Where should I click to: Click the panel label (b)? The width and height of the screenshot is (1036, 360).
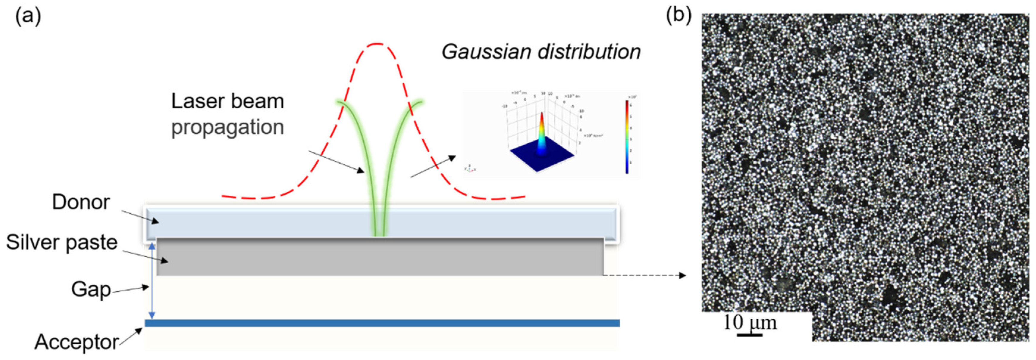coord(679,15)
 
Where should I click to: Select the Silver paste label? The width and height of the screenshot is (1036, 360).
coord(62,242)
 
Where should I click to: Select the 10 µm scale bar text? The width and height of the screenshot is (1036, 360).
coord(750,323)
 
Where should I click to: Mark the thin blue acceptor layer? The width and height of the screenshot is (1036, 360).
coord(382,323)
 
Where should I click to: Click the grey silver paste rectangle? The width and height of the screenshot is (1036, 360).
coord(380,257)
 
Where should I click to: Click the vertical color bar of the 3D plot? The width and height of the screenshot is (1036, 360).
coord(627,137)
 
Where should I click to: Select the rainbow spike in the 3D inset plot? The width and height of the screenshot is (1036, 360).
coord(541,135)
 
